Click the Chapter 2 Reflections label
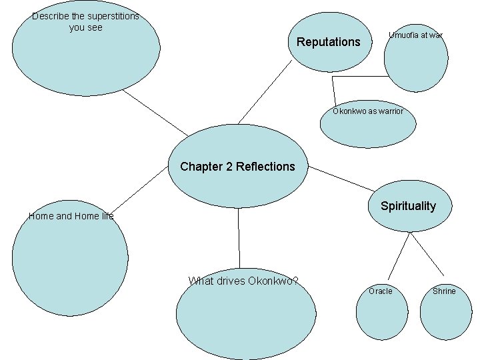click(x=237, y=167)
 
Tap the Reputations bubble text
click(x=328, y=43)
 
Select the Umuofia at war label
click(x=415, y=35)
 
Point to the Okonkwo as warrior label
click(x=368, y=111)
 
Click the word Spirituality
click(x=408, y=206)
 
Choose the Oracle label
click(x=381, y=291)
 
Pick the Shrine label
click(x=444, y=291)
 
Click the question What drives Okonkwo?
click(x=243, y=281)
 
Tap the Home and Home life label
click(x=71, y=216)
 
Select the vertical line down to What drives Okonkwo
click(x=238, y=240)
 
